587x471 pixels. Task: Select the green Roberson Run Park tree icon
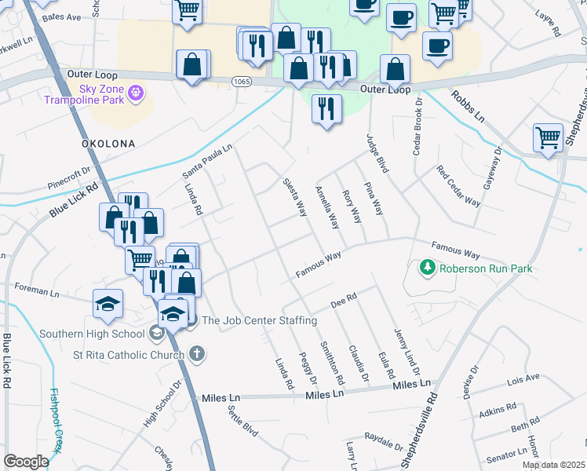point(428,268)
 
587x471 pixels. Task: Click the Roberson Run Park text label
point(486,268)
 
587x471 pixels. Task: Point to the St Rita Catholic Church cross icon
point(196,354)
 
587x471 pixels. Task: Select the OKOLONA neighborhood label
point(108,144)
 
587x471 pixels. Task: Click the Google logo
point(27,461)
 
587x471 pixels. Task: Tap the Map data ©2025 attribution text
point(553,465)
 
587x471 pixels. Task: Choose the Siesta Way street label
point(295,197)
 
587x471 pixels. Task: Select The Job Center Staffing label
point(259,320)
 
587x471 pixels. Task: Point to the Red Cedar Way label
point(458,185)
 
